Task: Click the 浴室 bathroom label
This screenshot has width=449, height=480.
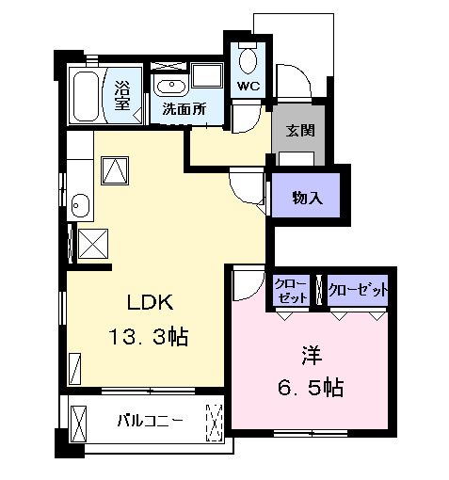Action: [x=123, y=95]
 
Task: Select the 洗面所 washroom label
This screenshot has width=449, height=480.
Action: [x=184, y=108]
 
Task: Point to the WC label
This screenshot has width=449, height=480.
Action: [x=248, y=86]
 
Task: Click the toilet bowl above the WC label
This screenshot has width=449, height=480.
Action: [x=248, y=59]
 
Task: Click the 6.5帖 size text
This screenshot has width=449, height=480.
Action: [x=311, y=386]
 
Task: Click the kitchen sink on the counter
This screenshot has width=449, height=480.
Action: [x=79, y=205]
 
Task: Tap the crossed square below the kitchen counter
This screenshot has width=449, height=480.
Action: [x=93, y=244]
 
